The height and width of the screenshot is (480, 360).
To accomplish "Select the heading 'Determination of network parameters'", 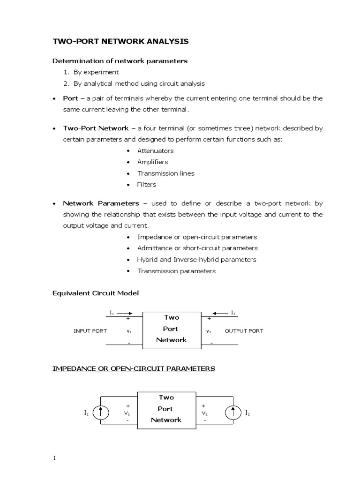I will [x=120, y=61].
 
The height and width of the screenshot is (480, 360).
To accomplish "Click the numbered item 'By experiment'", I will [x=96, y=72].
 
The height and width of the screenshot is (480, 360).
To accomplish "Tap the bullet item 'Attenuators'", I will [x=155, y=151].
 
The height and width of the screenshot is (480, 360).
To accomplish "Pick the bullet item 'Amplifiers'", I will [x=153, y=162].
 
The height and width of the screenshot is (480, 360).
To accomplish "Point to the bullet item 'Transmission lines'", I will [x=165, y=173].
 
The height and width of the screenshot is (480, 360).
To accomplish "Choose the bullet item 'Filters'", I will [x=147, y=185].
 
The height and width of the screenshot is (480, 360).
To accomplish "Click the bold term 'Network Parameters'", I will [x=101, y=203].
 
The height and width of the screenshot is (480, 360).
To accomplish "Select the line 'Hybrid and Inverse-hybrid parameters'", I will [x=197, y=260].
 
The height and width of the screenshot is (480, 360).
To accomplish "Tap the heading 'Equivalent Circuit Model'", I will [x=95, y=293].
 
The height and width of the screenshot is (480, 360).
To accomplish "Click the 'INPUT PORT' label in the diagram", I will [x=90, y=331].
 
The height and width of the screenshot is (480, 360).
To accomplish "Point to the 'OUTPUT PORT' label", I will [x=244, y=331].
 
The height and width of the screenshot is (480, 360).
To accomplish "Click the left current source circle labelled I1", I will [x=101, y=413].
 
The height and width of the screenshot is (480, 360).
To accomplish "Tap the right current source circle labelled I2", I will [x=233, y=413].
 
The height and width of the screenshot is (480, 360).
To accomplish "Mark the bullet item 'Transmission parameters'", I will [x=176, y=271].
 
